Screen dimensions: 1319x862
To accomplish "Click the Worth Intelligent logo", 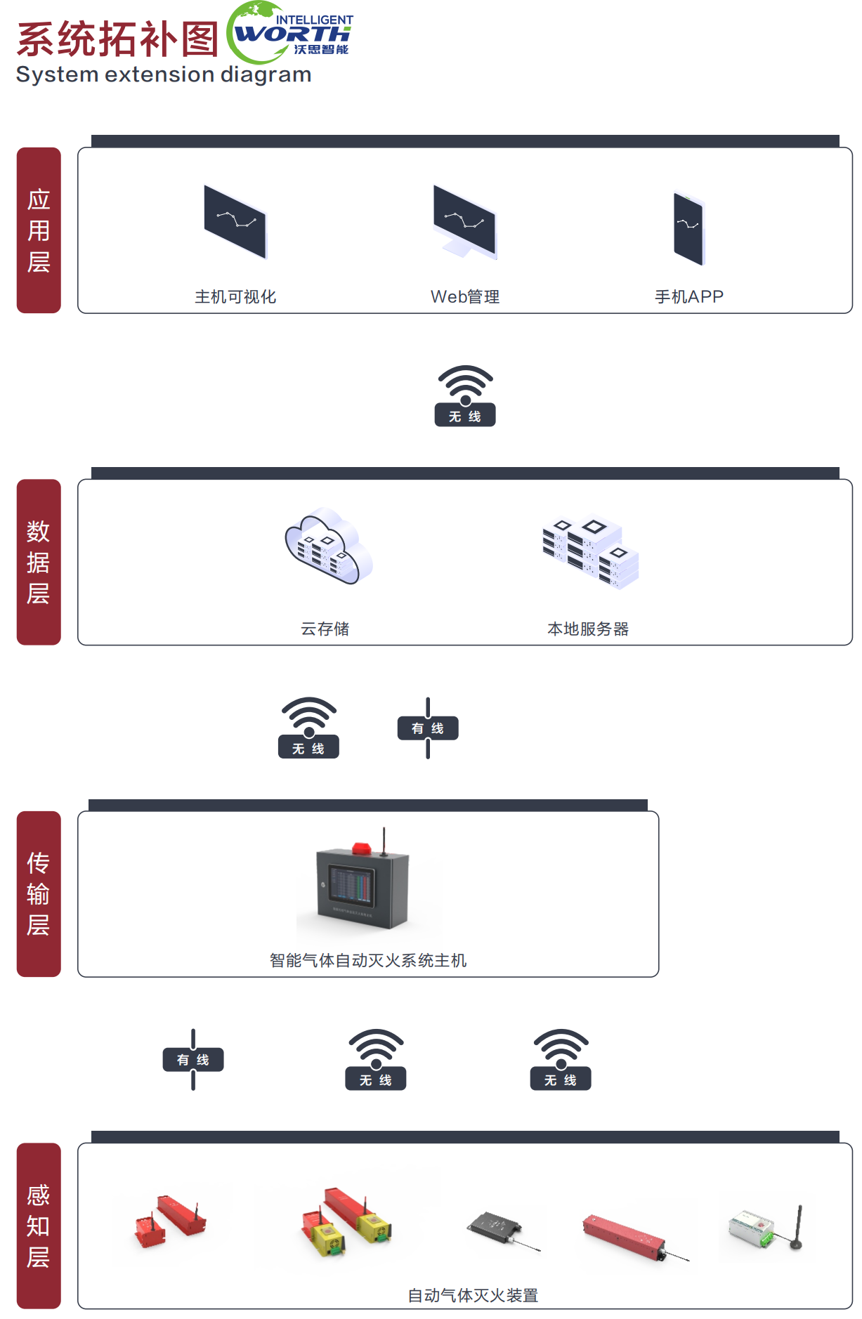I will click(289, 32).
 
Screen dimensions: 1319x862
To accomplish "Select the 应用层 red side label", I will click(39, 230).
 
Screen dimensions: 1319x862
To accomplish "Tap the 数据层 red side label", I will click(39, 562).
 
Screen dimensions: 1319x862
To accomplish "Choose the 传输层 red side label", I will click(39, 893).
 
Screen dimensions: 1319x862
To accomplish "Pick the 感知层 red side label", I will click(39, 1226).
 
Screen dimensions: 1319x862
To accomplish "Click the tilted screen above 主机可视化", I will click(235, 221).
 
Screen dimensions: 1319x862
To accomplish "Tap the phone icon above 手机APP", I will click(688, 228).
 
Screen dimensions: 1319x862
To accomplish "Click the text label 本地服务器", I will click(588, 629).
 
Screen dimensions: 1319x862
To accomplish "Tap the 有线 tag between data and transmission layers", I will click(428, 728).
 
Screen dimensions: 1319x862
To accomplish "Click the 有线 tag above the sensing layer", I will click(193, 1060).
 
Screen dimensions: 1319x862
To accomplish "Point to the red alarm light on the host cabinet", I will click(361, 848).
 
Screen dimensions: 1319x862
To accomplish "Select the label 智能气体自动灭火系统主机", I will click(368, 960).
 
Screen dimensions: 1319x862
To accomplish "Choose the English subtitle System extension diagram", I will click(164, 74).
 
